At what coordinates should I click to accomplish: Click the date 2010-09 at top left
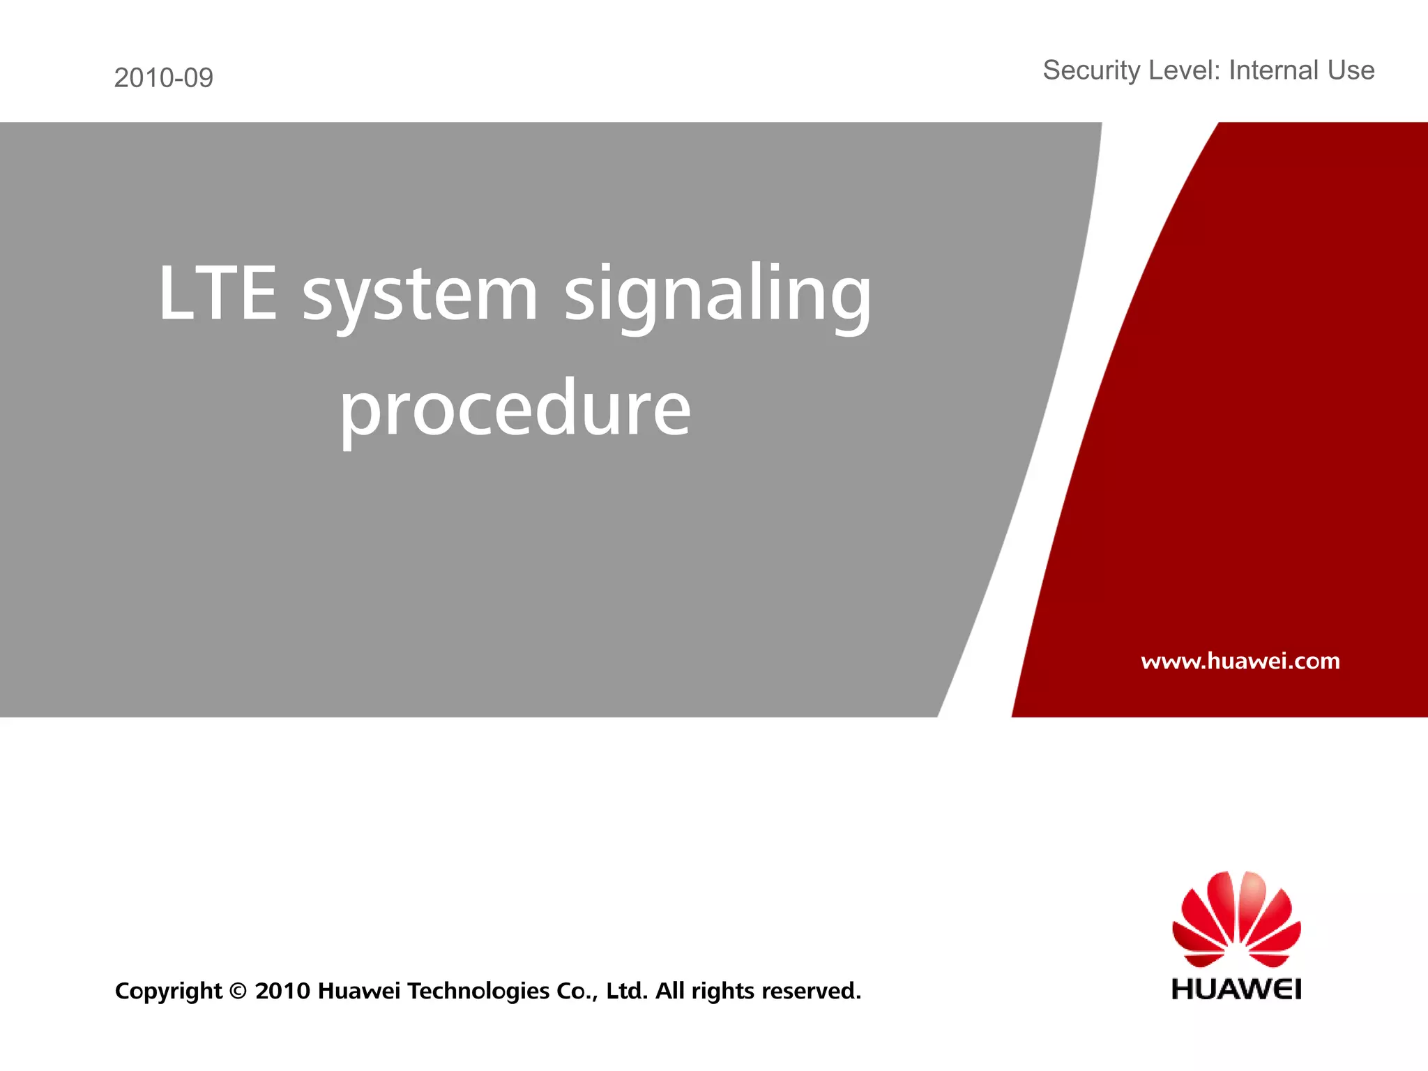click(163, 77)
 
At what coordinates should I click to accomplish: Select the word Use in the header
click(1351, 70)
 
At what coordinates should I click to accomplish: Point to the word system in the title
click(420, 296)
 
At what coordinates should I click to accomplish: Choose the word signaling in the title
click(717, 296)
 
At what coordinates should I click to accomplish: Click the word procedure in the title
click(515, 410)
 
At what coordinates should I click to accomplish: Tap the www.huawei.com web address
click(1240, 660)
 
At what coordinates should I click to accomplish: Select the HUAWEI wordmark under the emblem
click(1236, 989)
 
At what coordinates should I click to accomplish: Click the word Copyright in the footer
click(168, 991)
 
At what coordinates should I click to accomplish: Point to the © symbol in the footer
click(238, 991)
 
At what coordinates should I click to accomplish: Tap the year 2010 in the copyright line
click(282, 991)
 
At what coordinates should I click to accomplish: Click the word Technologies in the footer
click(478, 991)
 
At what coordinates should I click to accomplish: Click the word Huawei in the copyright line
click(358, 991)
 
